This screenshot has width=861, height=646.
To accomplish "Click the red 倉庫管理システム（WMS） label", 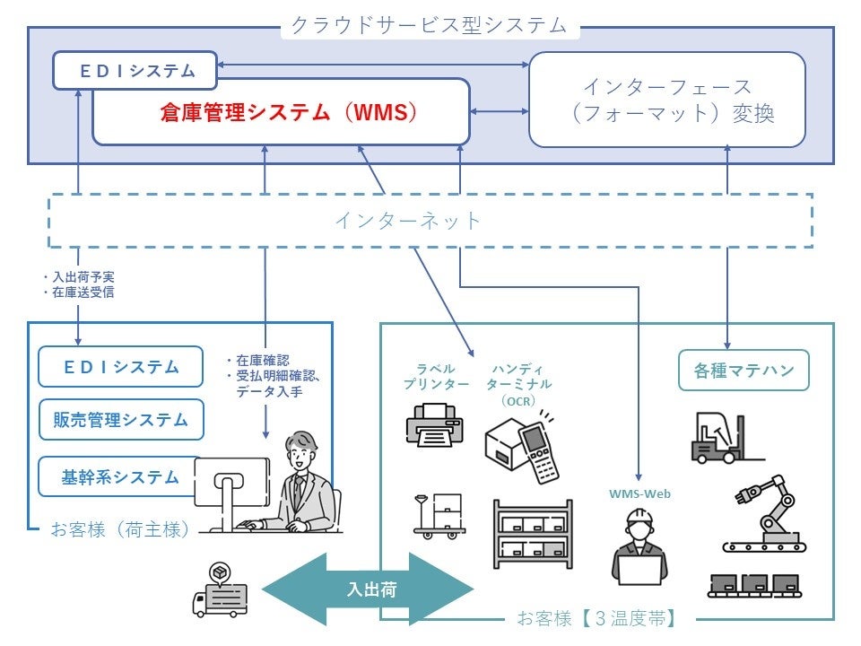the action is pyautogui.click(x=289, y=112).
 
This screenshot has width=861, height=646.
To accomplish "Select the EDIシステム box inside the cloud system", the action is pyautogui.click(x=135, y=70).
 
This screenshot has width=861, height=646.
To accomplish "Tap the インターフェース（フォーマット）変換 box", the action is pyautogui.click(x=667, y=100).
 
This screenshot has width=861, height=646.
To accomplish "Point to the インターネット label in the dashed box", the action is pyautogui.click(x=407, y=221).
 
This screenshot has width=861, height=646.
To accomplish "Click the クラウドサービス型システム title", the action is pyautogui.click(x=429, y=25).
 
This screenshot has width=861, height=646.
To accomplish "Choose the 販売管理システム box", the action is pyautogui.click(x=121, y=420).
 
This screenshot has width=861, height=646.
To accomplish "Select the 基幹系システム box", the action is pyautogui.click(x=117, y=476).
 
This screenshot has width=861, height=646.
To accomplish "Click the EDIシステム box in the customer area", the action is pyautogui.click(x=121, y=366).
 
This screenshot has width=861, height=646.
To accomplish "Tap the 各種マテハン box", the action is pyautogui.click(x=744, y=371).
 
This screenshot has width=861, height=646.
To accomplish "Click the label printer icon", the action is pyautogui.click(x=435, y=425).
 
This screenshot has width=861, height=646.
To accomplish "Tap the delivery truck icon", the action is pyautogui.click(x=220, y=591).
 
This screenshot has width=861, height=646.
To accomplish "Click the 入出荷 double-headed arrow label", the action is pyautogui.click(x=371, y=589).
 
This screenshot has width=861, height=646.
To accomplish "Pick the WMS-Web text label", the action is pyautogui.click(x=639, y=493).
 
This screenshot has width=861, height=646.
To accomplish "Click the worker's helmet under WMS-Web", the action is pyautogui.click(x=639, y=517).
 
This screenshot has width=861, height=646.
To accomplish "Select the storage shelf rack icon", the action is pyautogui.click(x=533, y=534).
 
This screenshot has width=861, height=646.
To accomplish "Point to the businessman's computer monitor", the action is pyautogui.click(x=232, y=484).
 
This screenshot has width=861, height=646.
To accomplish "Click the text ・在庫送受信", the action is pyautogui.click(x=79, y=292).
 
